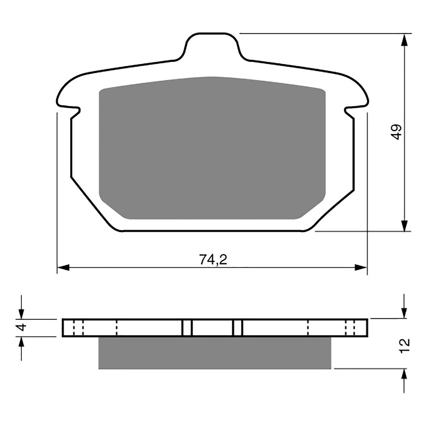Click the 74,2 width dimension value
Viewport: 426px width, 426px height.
point(213,260)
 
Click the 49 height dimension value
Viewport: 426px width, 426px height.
point(397,132)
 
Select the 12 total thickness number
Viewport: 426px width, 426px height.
point(404,346)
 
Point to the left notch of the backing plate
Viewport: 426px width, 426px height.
point(75,112)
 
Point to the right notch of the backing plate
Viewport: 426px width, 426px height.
point(349,112)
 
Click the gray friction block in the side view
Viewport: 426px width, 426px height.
point(214,353)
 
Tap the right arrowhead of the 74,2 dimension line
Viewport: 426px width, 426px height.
point(361,268)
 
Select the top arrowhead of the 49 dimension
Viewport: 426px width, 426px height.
point(404,40)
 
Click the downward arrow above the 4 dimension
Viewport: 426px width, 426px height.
point(21,313)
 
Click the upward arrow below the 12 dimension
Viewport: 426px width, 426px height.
point(404,375)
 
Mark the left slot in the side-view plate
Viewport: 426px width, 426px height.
point(187,328)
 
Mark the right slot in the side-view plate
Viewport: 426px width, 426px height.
point(238,328)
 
